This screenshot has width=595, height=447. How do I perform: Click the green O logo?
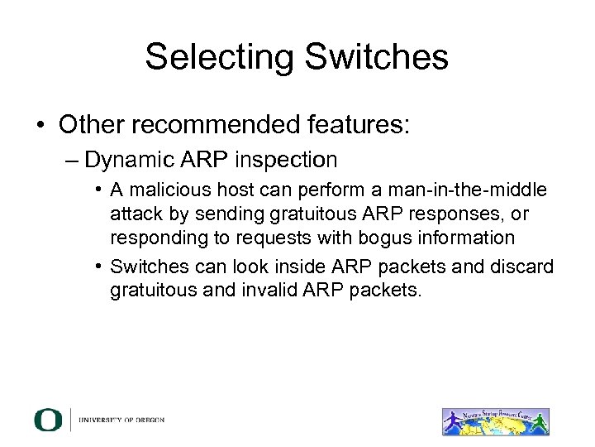48,420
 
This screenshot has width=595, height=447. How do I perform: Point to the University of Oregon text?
121,420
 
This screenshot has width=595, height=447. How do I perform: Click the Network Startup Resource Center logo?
495,420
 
